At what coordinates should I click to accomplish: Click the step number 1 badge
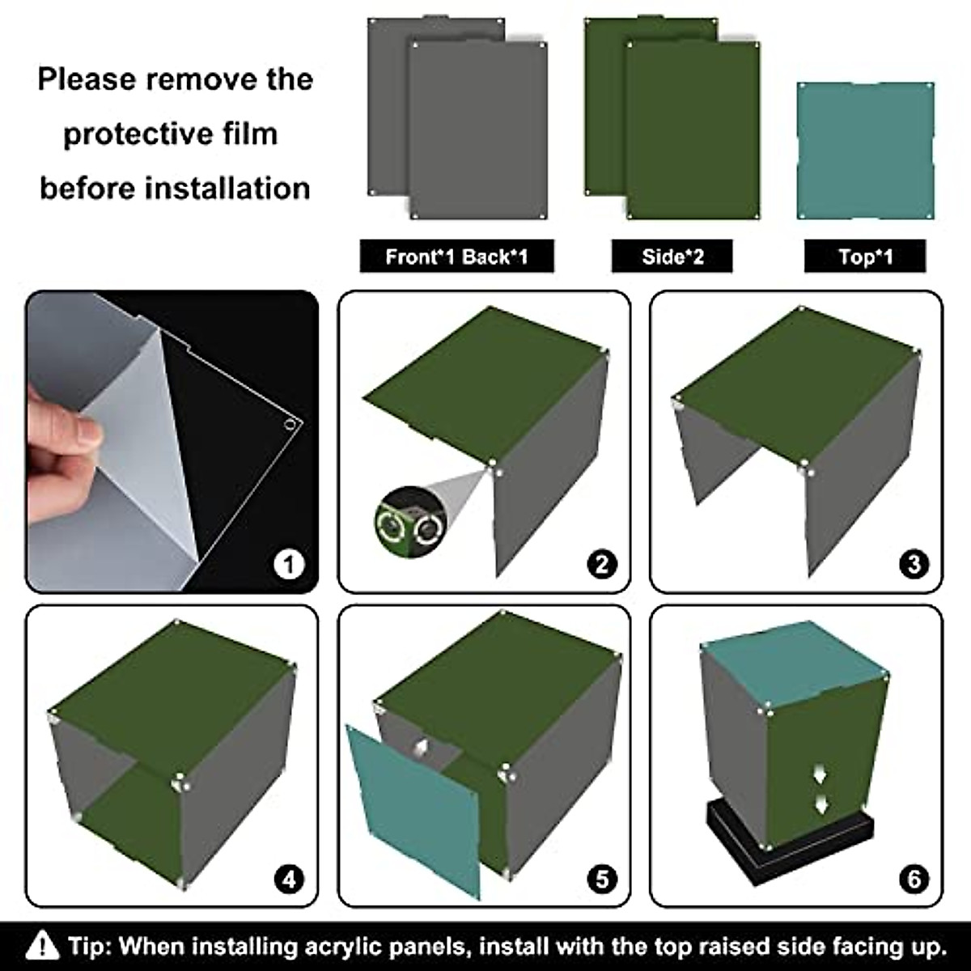289,564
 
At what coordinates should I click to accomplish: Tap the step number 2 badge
602,564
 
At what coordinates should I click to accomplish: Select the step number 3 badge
914,564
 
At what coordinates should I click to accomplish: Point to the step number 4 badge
289,880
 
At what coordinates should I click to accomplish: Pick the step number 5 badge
602,880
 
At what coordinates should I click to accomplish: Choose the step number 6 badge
914,880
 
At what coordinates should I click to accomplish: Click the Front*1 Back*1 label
456,257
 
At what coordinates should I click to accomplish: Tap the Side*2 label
672,257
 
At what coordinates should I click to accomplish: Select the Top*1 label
865,257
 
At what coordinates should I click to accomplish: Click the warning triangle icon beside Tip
42,944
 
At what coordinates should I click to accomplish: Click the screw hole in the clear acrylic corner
290,424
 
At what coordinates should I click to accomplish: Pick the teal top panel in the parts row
865,151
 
